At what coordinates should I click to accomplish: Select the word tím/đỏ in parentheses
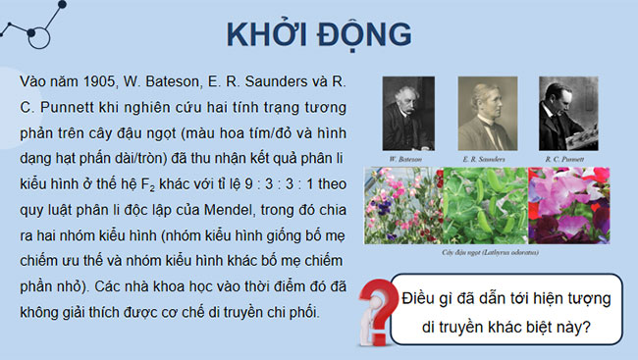click(x=263, y=130)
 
